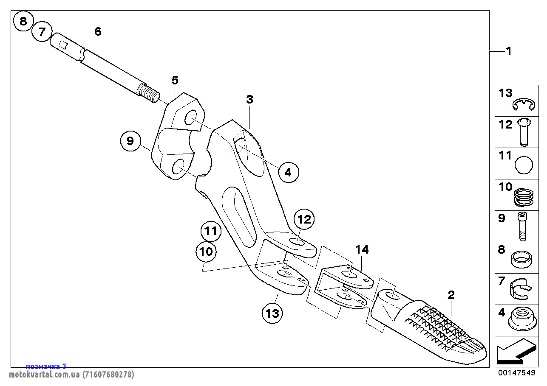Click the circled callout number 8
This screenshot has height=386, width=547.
pos(23,21)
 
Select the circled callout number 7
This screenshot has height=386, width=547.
pos(42,32)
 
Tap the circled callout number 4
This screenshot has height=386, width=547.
pos(289,172)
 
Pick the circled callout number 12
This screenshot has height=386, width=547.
pos(304,220)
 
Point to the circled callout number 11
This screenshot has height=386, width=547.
pos(211,232)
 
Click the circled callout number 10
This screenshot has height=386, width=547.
pos(206,252)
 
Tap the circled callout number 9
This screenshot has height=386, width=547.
pos(130,141)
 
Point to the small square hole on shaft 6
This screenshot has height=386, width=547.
pos(63,44)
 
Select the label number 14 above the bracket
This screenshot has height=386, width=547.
pos(362,250)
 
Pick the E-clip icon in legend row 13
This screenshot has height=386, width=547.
pos(523,105)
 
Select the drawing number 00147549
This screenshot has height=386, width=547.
pos(516,373)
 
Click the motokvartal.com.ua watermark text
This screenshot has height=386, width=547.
pos(71,375)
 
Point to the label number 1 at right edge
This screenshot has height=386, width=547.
pos(508,51)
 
